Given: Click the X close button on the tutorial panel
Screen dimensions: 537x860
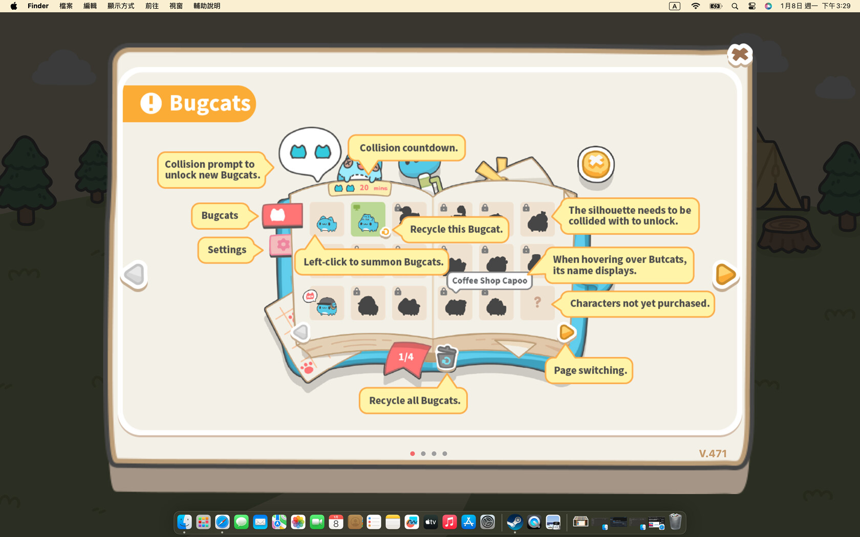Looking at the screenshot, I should (739, 54).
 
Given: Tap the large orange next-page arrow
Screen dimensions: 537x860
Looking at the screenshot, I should (725, 275).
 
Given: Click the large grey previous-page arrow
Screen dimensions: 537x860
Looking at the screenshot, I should (135, 275).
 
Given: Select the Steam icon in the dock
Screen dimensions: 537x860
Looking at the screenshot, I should (514, 522).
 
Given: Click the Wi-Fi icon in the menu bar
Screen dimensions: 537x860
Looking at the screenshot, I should (695, 6).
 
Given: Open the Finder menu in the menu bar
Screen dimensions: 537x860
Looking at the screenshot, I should (38, 6).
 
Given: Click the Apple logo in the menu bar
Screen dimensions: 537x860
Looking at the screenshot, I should (14, 6).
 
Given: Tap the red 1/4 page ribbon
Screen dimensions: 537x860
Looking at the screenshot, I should (406, 357).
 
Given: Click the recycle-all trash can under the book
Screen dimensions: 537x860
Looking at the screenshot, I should (446, 357).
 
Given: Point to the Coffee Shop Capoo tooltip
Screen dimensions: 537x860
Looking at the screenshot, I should (489, 281).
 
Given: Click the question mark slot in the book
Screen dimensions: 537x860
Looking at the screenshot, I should (537, 303).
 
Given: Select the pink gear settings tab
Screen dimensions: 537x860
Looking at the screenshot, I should (282, 245).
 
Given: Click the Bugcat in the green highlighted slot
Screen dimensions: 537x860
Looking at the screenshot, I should (368, 220).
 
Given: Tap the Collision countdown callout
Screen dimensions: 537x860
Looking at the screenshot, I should (408, 148).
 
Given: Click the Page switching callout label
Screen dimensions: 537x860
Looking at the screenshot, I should (590, 370).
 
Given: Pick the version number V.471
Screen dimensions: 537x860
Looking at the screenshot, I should (713, 454).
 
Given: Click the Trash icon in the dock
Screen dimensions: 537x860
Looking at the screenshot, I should (675, 522).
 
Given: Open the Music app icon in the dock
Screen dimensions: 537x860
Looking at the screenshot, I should (449, 522).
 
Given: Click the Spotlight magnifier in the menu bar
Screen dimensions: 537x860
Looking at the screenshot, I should (735, 6).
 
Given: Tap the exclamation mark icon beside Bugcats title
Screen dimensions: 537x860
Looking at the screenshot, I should (151, 103).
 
